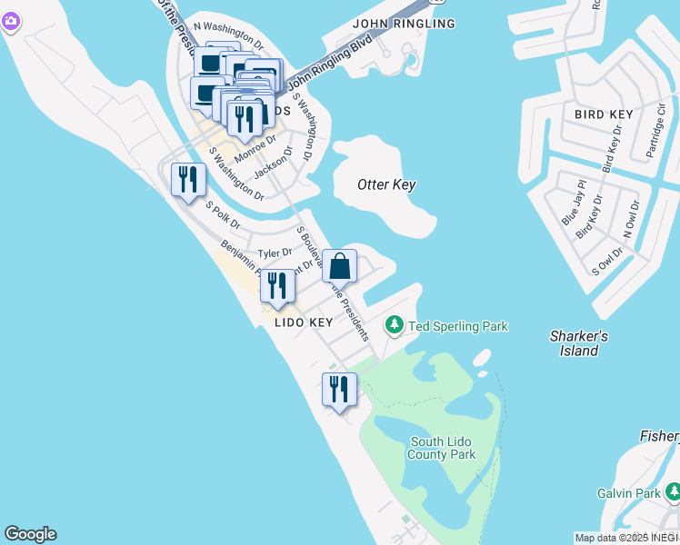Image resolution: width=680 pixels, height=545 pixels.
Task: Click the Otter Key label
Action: click(386, 184)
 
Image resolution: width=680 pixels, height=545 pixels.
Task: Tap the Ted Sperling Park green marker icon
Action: click(395, 324)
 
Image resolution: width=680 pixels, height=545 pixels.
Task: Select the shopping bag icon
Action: click(339, 266)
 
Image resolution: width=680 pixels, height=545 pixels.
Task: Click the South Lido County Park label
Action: click(443, 448)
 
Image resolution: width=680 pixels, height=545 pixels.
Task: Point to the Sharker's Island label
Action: click(578, 343)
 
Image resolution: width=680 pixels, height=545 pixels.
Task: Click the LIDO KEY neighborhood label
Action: click(304, 322)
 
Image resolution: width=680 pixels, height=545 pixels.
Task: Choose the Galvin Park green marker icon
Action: click(673, 492)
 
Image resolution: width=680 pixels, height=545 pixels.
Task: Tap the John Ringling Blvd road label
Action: click(330, 70)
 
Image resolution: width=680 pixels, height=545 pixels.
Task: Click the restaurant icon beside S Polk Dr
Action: click(187, 178)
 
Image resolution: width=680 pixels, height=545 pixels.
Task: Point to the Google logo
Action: click(30, 534)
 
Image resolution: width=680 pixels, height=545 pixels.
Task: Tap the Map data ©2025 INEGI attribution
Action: click(625, 538)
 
